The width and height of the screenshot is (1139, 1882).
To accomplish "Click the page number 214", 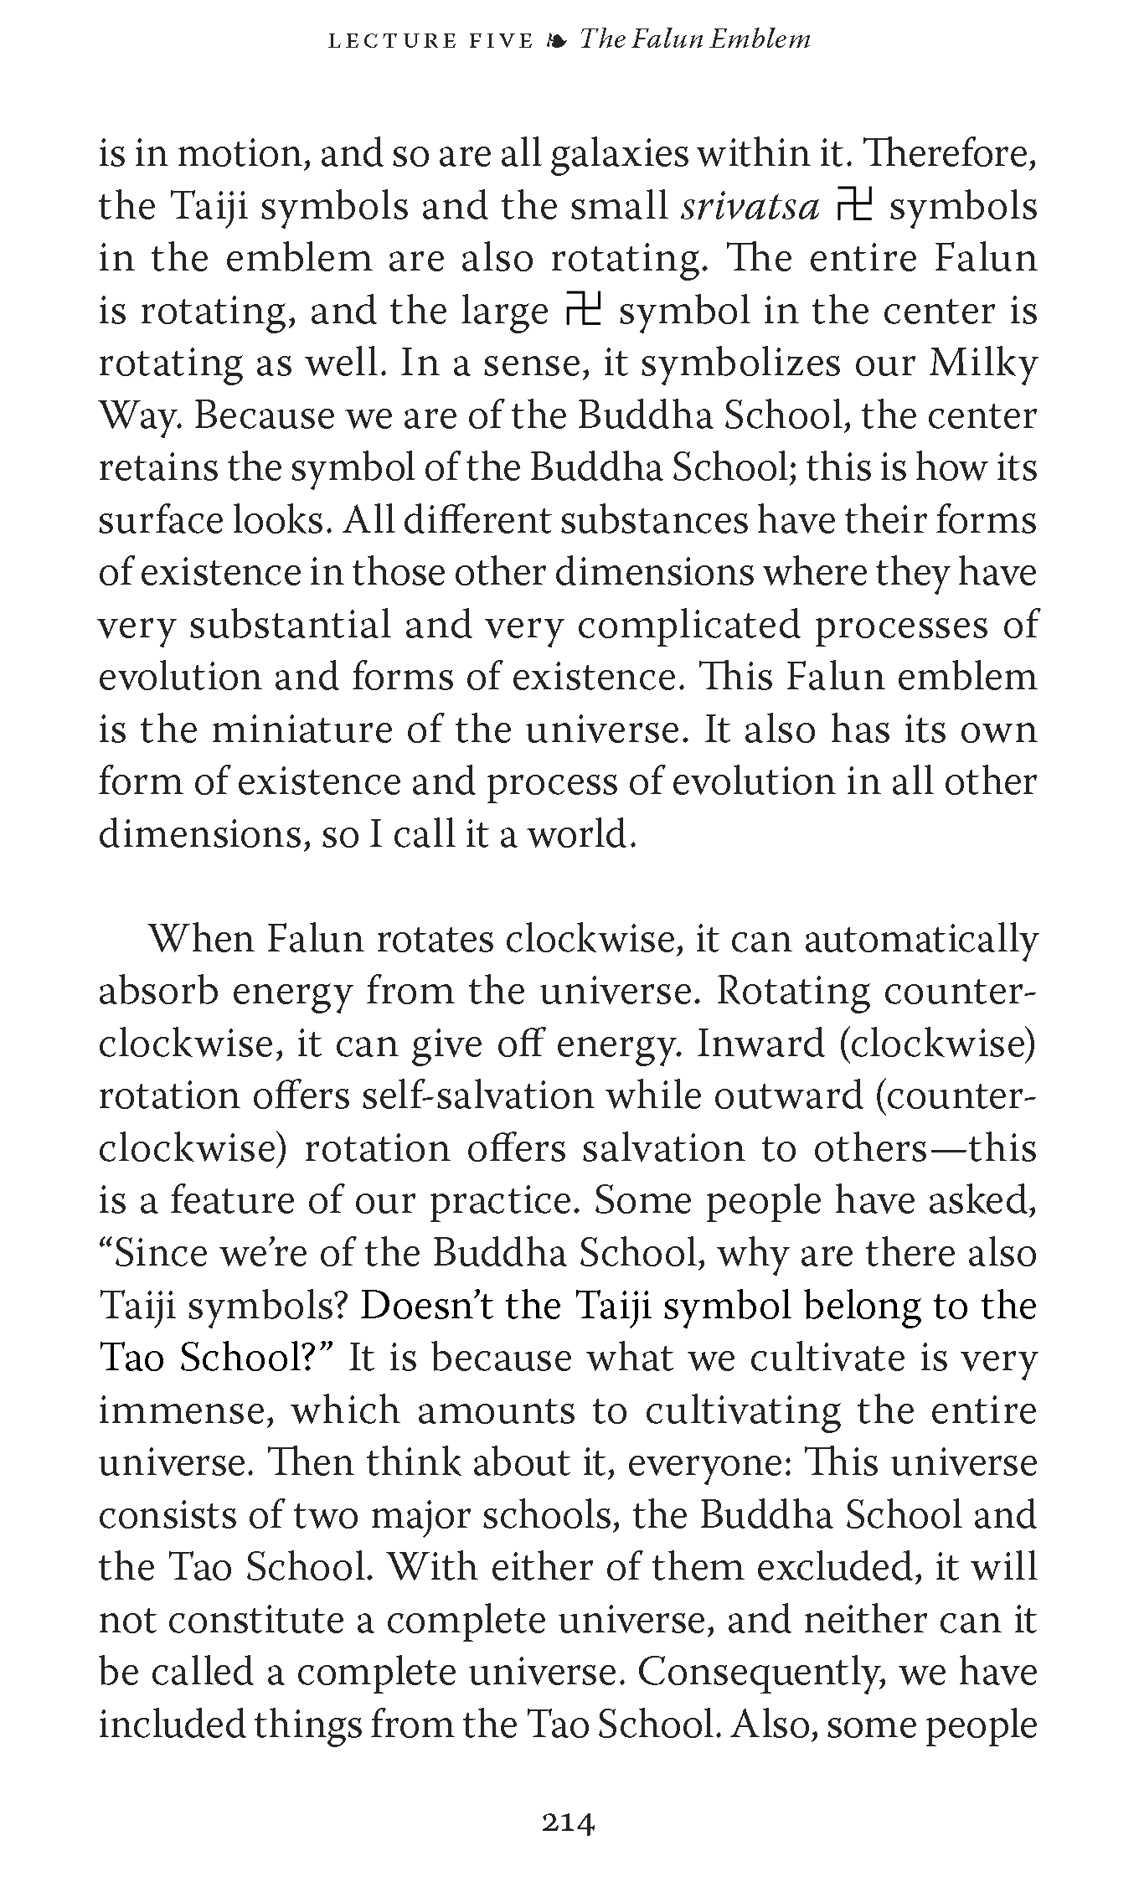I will [569, 1823].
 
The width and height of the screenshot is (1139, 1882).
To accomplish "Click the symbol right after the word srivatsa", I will [854, 206].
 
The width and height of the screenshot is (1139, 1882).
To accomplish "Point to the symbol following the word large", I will [584, 311].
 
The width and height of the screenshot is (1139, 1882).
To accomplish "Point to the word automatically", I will [920, 939].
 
